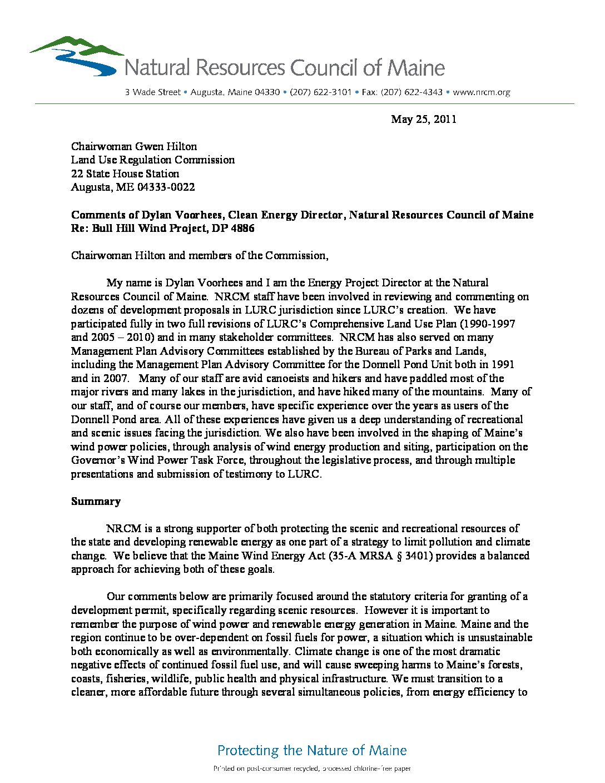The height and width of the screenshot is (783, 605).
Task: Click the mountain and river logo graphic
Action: click(75, 56)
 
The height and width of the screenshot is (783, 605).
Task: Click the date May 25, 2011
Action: click(423, 119)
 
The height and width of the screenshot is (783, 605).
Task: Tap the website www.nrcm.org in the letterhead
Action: click(482, 92)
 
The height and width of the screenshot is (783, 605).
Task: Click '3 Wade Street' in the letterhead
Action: click(152, 92)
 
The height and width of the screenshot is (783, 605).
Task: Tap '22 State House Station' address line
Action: click(125, 174)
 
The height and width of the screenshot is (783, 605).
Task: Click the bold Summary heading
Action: click(96, 501)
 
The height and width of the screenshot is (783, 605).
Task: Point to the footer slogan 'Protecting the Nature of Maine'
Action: click(312, 750)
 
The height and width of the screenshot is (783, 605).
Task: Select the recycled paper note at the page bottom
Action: click(312, 769)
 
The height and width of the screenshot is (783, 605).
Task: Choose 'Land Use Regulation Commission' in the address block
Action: click(153, 160)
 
